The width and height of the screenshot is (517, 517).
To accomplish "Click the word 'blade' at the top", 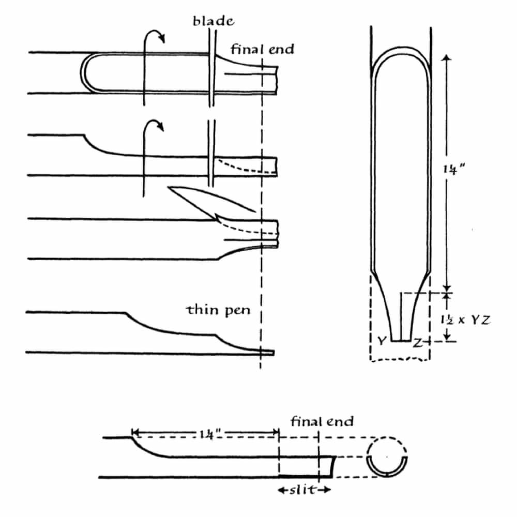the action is point(214,21).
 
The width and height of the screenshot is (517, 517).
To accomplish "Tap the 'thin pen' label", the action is point(218,310).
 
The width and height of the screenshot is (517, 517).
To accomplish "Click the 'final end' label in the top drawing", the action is point(262,49).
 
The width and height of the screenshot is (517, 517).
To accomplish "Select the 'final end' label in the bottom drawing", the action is point(322,421).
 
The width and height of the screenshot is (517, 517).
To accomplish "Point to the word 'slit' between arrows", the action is point(303,490).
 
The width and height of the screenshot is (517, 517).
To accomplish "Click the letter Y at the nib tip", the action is point(382,341).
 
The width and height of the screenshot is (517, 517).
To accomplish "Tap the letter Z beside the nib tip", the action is point(417,343).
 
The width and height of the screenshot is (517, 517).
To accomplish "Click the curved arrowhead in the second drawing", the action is point(160,126).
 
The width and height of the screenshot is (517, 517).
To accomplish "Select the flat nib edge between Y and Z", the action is point(401,341).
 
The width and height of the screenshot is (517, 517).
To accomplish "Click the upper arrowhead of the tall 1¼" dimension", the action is point(447,58).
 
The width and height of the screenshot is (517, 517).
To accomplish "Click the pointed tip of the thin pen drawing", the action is point(273,353).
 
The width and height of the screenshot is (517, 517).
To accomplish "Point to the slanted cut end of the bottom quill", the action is point(333,467).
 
